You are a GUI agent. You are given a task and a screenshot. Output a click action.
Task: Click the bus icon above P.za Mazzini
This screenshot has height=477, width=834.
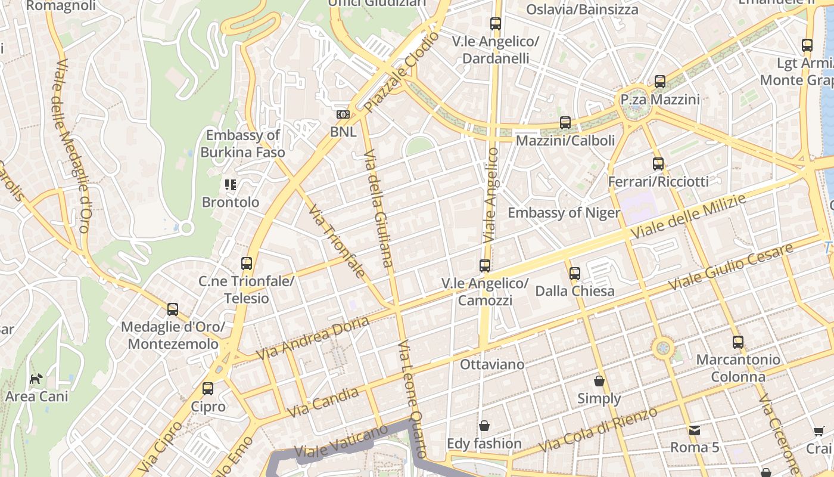pos(659,82)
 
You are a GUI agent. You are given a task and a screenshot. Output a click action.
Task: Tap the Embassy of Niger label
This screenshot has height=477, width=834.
pos(564,213)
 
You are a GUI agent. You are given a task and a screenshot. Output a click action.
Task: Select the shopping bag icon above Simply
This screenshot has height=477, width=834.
pos(599,381)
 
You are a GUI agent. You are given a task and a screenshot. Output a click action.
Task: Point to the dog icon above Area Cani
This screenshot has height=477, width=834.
pos(36,378)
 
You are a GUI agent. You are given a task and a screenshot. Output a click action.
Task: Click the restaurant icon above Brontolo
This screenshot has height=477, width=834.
pos(231,185)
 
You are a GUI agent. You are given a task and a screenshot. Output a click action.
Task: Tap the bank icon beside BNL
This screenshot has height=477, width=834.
pos(343,114)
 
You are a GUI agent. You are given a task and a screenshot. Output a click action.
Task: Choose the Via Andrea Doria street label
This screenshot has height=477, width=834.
pos(312,337)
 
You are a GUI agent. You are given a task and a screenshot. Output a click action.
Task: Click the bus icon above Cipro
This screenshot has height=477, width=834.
pos(208,389)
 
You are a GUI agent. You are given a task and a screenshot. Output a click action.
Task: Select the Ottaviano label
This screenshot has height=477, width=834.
pos(492,364)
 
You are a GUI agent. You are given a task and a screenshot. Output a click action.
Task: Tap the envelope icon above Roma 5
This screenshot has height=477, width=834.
pos(694,430)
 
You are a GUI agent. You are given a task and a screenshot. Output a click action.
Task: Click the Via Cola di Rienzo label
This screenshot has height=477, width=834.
pos(598,429)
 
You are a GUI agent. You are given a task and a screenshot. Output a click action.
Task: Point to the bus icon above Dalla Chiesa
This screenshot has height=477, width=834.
pos(574,274)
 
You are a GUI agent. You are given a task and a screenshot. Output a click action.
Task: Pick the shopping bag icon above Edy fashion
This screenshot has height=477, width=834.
pos(484,426)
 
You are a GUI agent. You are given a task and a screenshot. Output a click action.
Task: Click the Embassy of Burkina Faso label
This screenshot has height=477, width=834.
pos(242,144)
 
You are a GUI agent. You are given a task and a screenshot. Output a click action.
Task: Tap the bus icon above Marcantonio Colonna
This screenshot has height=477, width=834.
pos(738,342)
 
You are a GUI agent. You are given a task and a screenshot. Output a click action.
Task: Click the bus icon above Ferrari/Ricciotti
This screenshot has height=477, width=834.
pos(658,163)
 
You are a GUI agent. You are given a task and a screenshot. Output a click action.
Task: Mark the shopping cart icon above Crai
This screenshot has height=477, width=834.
pos(819,431)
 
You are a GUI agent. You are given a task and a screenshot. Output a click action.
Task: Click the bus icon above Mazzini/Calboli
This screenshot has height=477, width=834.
pos(565,123)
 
